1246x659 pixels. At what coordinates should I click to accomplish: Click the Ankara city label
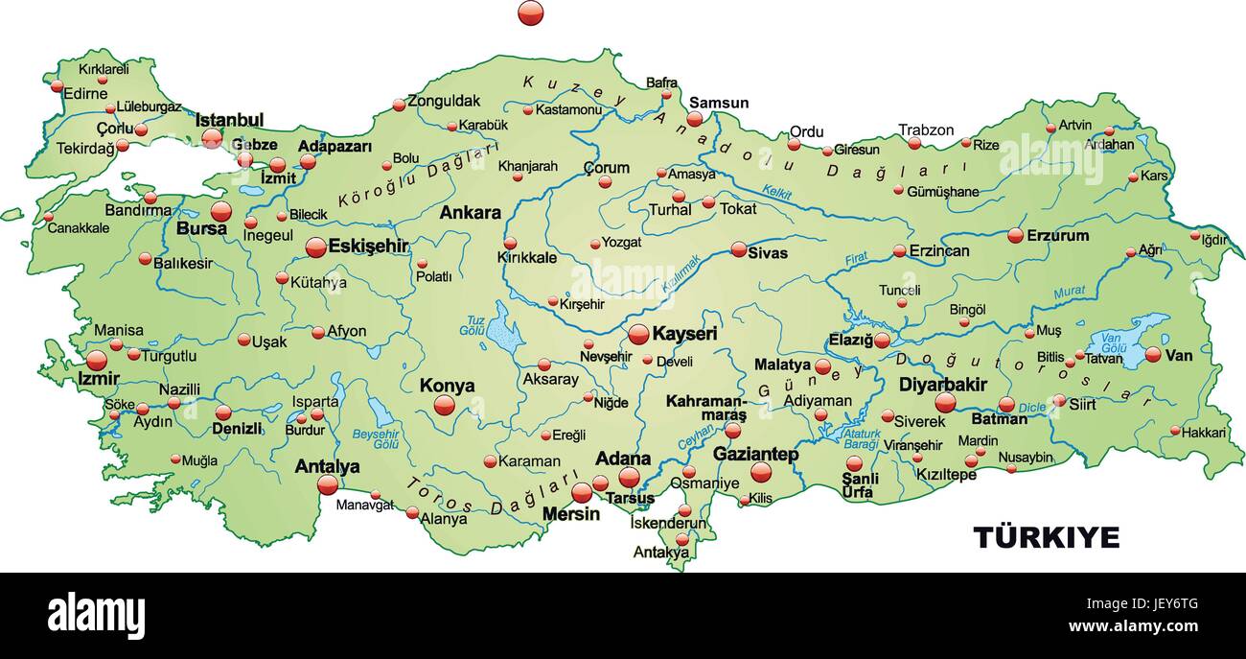pos(470,213)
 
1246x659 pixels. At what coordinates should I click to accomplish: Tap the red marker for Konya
pos(444,405)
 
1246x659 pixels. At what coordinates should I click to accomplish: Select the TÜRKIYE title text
pos(1046,537)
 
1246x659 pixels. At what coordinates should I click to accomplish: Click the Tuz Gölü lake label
pos(472,324)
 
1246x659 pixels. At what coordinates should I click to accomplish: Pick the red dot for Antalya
pos(328,484)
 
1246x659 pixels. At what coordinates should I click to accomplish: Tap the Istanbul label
pos(229,120)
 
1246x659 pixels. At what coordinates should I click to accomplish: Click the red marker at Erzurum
pos(1015,235)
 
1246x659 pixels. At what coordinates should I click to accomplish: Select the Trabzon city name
pos(926,129)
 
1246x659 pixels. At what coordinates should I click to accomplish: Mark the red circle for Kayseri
pos(638,334)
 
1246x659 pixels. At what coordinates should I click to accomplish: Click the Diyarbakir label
pos(942,384)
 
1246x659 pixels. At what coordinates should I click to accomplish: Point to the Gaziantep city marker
pos(761,472)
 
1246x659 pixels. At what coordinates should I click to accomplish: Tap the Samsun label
pos(719,103)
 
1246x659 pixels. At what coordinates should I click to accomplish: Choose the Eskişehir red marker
pos(315,247)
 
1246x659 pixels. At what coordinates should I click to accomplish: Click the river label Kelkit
pos(777,193)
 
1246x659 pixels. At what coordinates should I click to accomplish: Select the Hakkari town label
pos(1203,433)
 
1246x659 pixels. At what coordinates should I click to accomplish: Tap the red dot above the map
pos(530,12)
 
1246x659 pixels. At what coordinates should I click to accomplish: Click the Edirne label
pos(85,93)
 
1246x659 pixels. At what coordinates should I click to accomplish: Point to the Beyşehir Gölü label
pos(376,438)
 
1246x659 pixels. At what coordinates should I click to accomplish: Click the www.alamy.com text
pos(1133,626)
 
